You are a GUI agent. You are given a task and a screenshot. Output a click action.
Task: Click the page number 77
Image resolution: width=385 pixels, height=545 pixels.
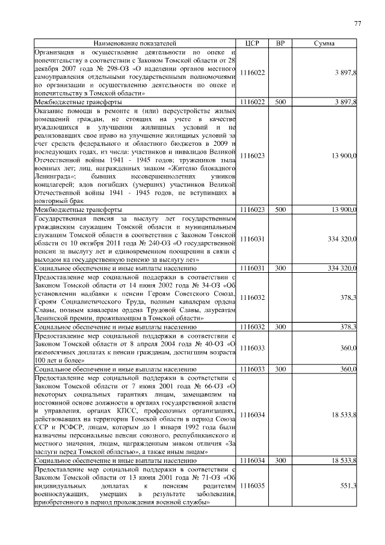357,23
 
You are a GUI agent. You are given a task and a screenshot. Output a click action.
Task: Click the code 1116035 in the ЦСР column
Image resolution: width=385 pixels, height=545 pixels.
252,485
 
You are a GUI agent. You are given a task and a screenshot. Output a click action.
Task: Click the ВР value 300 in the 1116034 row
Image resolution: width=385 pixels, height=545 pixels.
280,460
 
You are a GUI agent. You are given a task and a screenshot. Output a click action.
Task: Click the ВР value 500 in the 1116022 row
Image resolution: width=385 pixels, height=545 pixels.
280,103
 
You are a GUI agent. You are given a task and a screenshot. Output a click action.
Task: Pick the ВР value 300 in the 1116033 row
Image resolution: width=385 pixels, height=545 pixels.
280,369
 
